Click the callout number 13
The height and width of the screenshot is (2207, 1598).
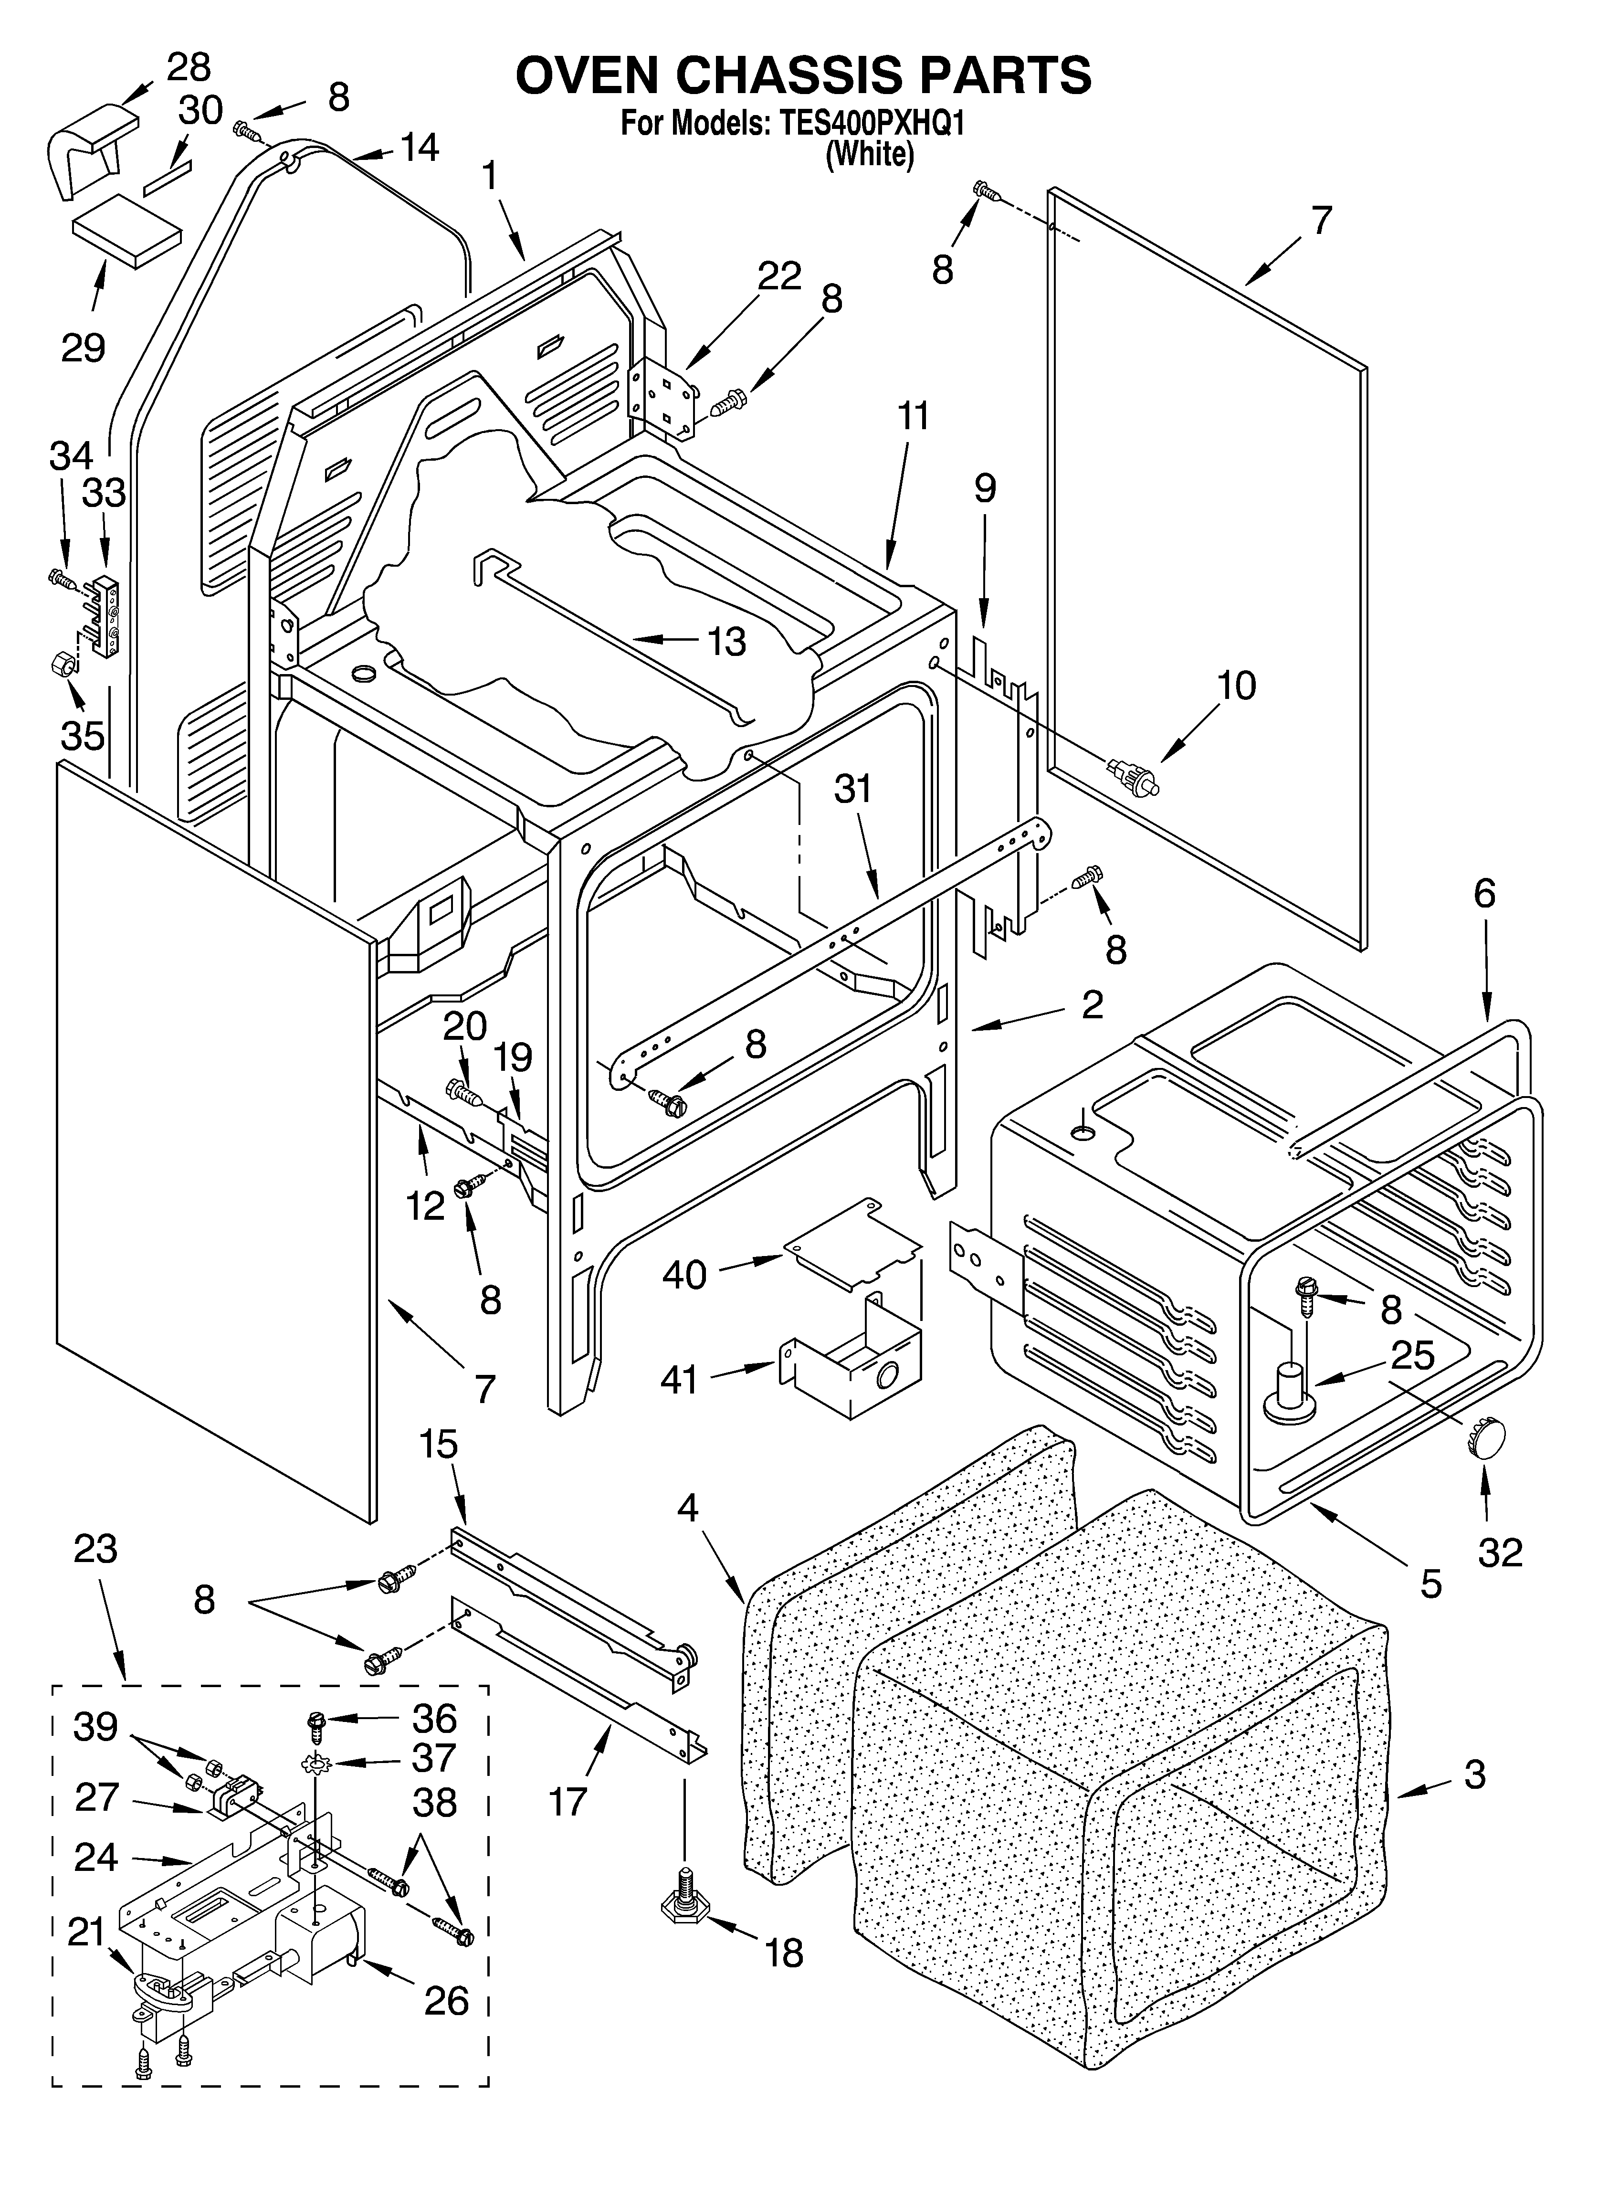726,642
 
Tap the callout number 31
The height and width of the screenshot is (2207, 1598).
852,788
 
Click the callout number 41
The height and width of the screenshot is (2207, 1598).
678,1379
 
